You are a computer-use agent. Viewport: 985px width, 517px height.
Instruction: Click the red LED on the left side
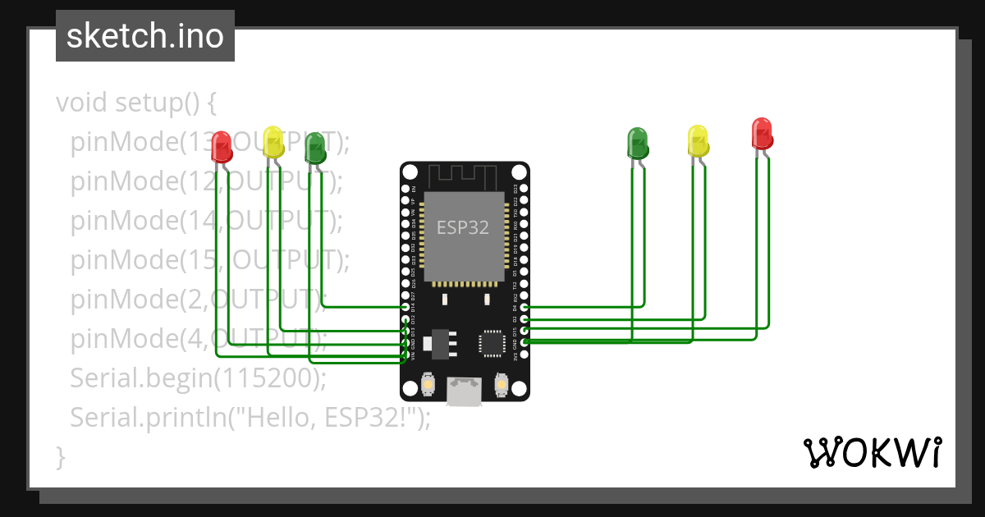point(221,147)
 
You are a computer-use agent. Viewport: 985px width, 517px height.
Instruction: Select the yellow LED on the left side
point(273,142)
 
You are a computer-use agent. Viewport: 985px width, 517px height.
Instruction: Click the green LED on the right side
point(638,142)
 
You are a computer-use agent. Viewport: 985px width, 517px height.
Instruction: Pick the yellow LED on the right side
point(698,140)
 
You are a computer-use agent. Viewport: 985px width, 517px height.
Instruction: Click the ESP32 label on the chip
point(462,227)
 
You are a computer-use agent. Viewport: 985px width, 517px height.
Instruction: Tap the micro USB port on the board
point(465,391)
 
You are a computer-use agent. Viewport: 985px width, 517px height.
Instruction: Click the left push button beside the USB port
point(428,383)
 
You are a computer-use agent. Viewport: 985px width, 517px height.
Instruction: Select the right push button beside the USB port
point(502,383)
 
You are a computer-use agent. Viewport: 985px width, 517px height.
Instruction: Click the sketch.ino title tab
point(145,36)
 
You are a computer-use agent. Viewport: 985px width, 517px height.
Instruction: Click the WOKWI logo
point(872,452)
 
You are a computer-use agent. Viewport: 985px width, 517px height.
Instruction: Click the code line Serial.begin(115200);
point(198,378)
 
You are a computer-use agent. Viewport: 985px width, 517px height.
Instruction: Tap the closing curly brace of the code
point(60,456)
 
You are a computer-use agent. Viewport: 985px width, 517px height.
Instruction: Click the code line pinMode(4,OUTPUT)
point(198,338)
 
